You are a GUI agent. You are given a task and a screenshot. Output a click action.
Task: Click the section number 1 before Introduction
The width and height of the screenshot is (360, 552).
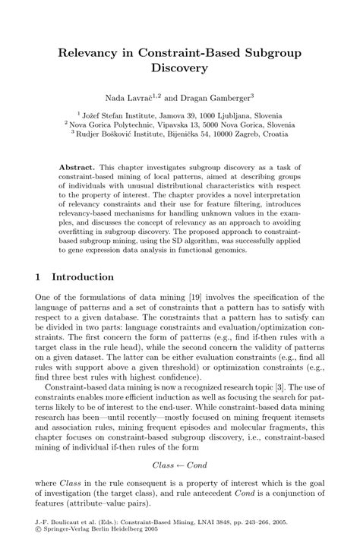[x=39, y=277]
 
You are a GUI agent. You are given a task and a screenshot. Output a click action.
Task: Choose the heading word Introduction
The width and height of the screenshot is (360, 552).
[x=84, y=277]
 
